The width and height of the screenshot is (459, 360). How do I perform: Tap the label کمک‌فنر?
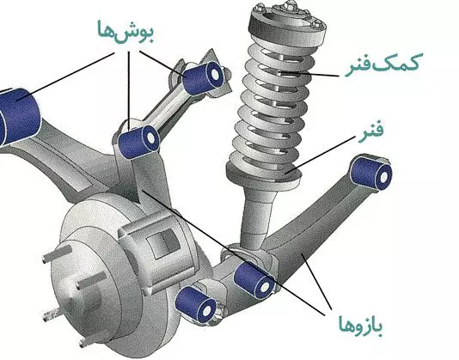pyautogui.click(x=382, y=65)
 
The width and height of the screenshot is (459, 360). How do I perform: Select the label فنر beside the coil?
pyautogui.click(x=371, y=132)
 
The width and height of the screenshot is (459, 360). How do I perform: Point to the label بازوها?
pyautogui.click(x=361, y=326)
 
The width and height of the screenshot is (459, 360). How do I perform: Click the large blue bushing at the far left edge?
pyautogui.click(x=17, y=117)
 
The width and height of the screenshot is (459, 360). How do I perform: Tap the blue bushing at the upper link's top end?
pyautogui.click(x=203, y=78)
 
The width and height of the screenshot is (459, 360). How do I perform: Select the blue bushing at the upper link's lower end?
pyautogui.click(x=138, y=142)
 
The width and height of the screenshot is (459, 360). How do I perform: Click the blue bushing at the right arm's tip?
pyautogui.click(x=370, y=174)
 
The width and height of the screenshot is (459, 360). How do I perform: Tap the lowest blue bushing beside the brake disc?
pyautogui.click(x=196, y=304)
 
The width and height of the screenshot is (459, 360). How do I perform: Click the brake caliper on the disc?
pyautogui.click(x=156, y=249)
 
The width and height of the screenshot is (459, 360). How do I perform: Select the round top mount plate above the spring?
pyautogui.click(x=287, y=23)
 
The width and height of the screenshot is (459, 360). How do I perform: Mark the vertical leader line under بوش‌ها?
pyautogui.click(x=129, y=91)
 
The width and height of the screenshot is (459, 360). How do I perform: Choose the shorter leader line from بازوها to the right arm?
pyautogui.click(x=317, y=282)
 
